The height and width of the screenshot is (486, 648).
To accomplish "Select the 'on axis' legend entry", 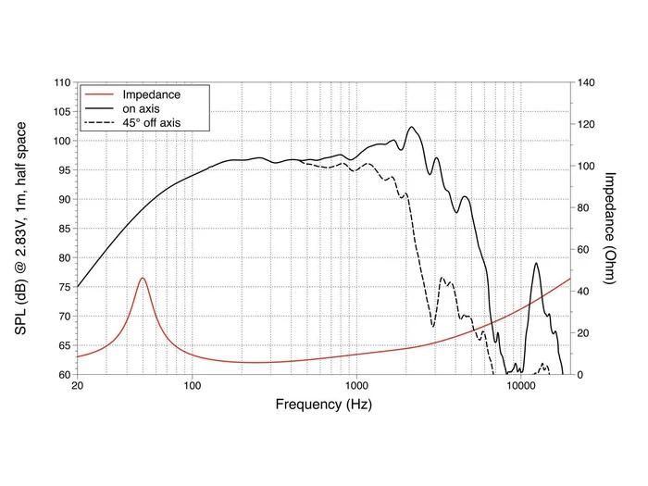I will (x=143, y=108).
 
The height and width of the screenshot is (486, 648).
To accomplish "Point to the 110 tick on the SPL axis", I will (x=62, y=82).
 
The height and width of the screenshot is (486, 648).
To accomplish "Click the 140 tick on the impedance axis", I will (x=587, y=82).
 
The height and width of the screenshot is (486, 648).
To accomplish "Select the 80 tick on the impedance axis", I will (x=584, y=207).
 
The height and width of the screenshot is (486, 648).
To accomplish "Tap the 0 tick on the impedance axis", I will (x=580, y=375).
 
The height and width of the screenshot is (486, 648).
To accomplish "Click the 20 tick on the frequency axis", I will (x=77, y=386).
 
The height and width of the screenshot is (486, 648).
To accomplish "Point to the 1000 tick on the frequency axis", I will (x=356, y=386).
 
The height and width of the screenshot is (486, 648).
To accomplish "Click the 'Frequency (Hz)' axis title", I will (x=323, y=405).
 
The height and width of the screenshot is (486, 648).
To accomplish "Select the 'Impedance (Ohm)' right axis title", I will (x=611, y=228).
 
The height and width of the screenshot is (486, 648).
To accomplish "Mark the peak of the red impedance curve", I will (x=142, y=278).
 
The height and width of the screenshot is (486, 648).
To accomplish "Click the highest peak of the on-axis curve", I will (x=412, y=128).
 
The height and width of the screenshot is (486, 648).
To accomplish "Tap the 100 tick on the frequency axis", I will (x=192, y=386).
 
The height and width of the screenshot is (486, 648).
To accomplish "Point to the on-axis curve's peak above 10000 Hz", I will (x=536, y=264).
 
